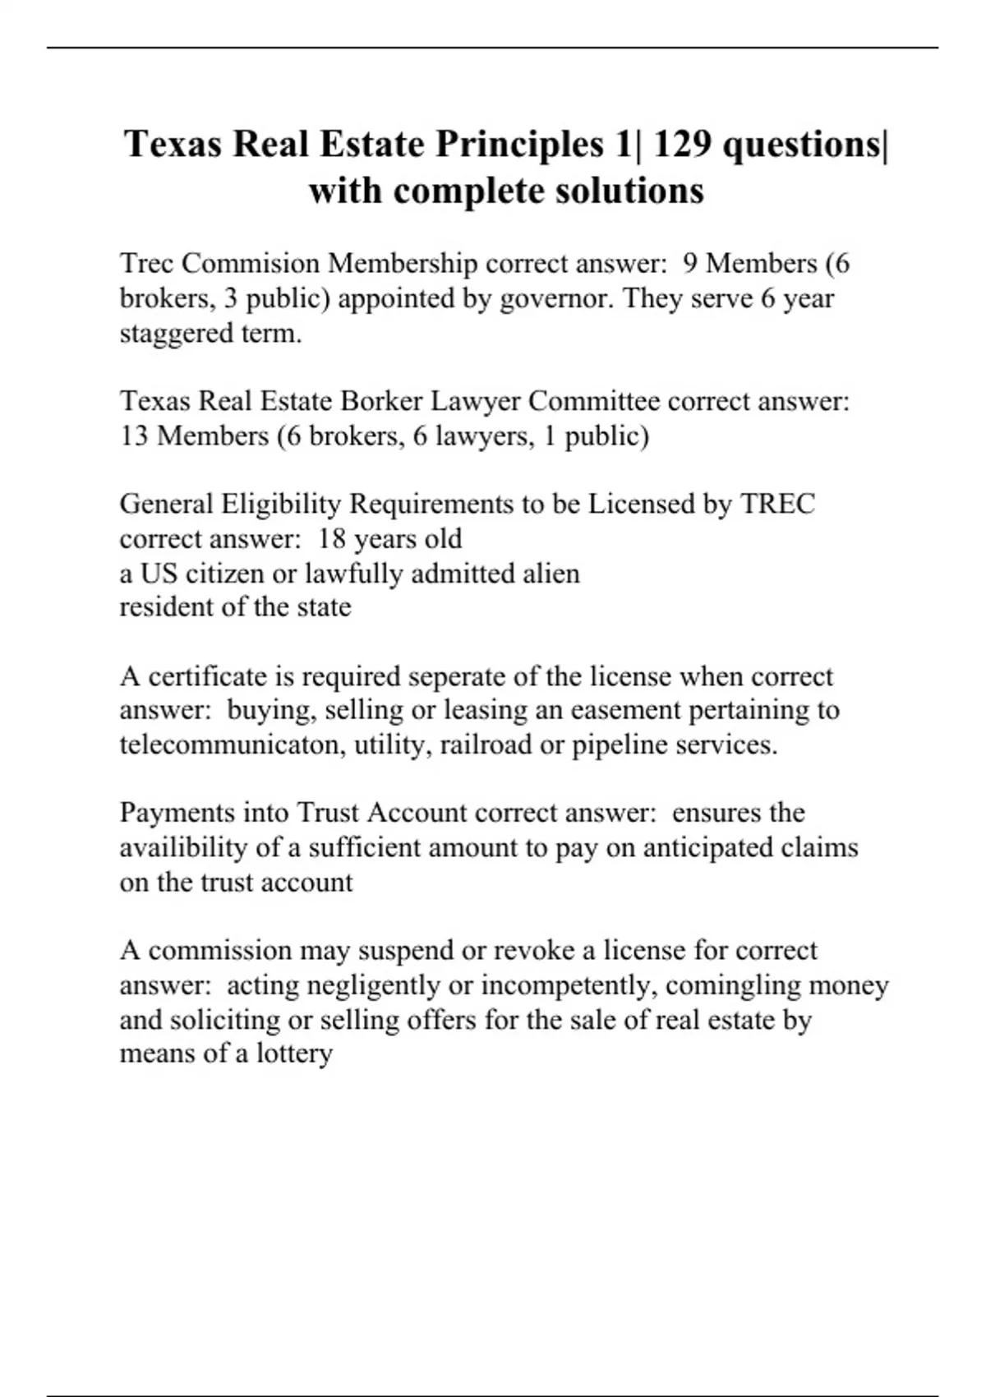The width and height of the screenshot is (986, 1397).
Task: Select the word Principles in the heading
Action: (x=520, y=145)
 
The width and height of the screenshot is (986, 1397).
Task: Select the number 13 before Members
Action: (x=134, y=436)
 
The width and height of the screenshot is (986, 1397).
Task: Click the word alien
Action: (x=551, y=574)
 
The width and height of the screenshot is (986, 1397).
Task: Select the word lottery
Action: (x=294, y=1054)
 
